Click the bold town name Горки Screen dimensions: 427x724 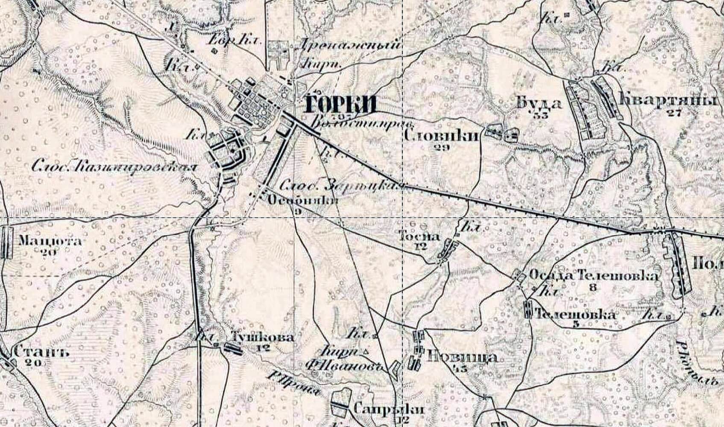tap(340, 104)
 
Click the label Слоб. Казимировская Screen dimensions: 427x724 tap(115, 167)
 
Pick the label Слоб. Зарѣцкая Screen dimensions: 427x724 tap(342, 186)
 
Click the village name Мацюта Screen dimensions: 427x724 tap(50, 241)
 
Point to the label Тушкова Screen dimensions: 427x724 tap(262, 337)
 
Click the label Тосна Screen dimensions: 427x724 tap(419, 236)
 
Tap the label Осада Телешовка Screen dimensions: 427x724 tap(594, 275)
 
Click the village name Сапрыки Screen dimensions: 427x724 tap(389, 409)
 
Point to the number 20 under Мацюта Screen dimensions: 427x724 tap(50, 252)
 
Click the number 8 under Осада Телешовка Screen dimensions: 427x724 tap(592, 287)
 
